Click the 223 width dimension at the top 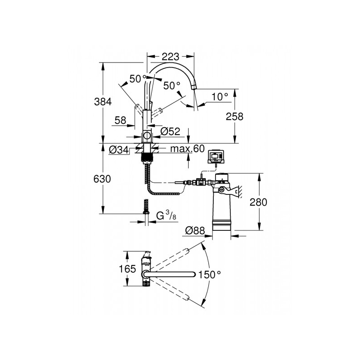[171, 57]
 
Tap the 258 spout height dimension [234, 116]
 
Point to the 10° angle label [220, 96]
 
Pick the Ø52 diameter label [170, 131]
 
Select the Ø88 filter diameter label [195, 230]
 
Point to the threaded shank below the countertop [146, 158]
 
